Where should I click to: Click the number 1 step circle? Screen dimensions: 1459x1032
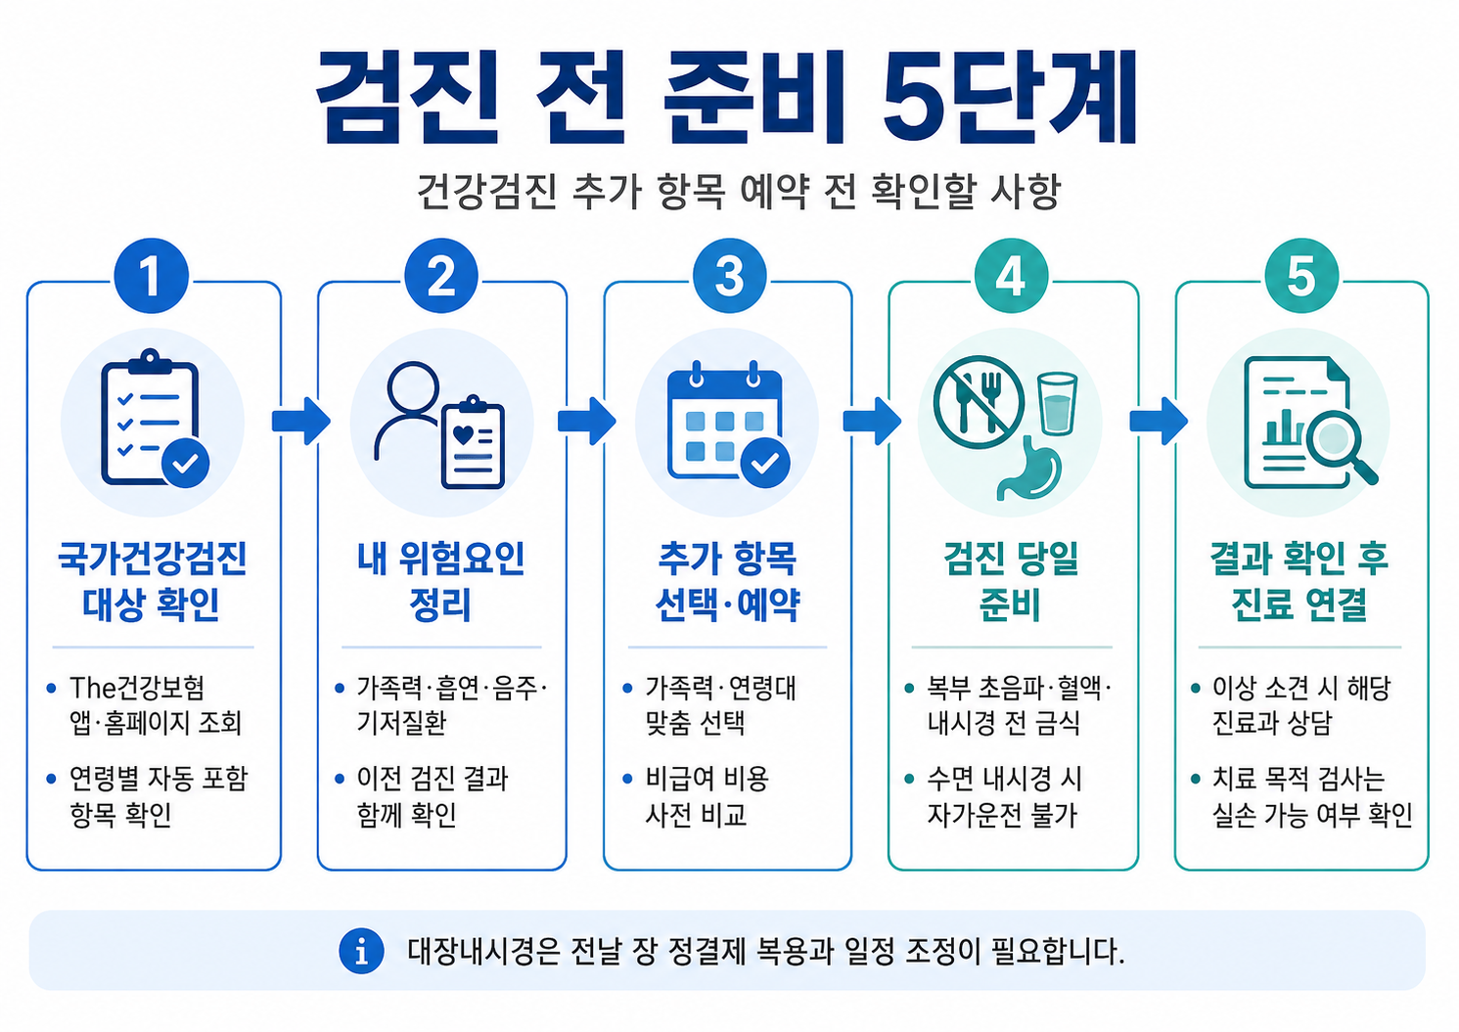(151, 276)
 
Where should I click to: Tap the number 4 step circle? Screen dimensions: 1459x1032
(1012, 276)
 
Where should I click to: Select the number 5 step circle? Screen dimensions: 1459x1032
(1301, 276)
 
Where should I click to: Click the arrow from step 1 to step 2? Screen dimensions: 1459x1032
(301, 422)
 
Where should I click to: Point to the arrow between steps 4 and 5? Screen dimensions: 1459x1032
(1159, 422)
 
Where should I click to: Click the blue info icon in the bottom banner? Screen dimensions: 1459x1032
(361, 951)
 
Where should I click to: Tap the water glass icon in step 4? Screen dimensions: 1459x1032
(1057, 403)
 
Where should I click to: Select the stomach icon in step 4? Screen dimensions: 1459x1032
(1029, 468)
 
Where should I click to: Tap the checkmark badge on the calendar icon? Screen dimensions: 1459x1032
(765, 463)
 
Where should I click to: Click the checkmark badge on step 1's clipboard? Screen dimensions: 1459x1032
(186, 463)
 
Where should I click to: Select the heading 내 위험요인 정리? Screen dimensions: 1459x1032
(441, 581)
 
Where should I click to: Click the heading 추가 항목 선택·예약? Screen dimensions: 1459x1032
(728, 581)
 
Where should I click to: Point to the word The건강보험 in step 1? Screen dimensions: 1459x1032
(137, 688)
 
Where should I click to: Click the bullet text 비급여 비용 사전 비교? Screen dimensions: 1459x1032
(707, 796)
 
